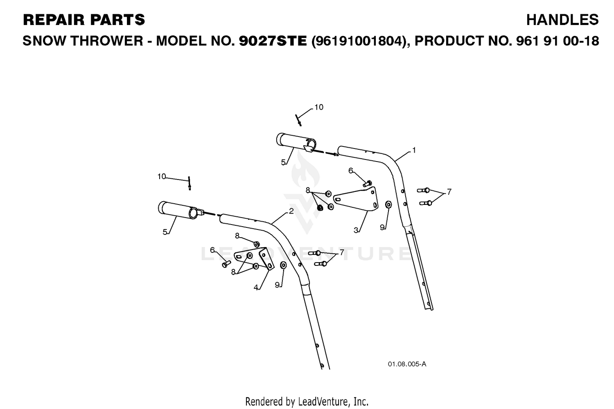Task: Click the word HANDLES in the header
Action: (x=562, y=20)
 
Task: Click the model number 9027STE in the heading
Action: (x=273, y=41)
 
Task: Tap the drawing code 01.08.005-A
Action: (x=407, y=364)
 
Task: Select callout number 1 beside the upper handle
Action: (x=414, y=150)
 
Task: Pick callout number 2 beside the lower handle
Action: (x=291, y=211)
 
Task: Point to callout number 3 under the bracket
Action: (x=356, y=230)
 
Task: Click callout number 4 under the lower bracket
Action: (x=256, y=288)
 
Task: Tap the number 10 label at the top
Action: (x=319, y=107)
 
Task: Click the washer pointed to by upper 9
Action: (x=388, y=204)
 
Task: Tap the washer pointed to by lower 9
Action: (x=283, y=265)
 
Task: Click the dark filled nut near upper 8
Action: (x=320, y=208)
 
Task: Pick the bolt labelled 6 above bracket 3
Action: (x=368, y=184)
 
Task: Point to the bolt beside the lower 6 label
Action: (x=226, y=264)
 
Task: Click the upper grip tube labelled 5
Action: (x=296, y=142)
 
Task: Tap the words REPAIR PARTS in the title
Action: (x=84, y=20)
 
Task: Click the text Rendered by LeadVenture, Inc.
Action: (x=307, y=402)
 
